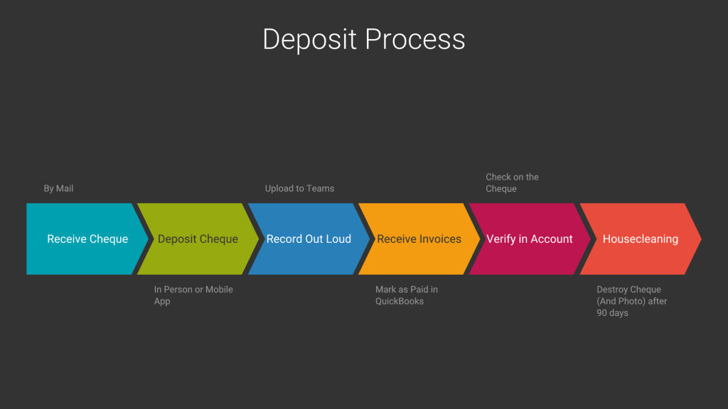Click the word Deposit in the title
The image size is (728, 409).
(310, 39)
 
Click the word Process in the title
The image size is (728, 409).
(415, 39)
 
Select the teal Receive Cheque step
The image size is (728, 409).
(87, 239)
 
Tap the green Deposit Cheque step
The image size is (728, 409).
(198, 239)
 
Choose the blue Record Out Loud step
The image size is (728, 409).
(309, 239)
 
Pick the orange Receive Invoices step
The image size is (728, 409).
(419, 239)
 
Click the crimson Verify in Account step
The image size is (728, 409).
(530, 239)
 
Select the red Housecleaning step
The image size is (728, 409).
(640, 239)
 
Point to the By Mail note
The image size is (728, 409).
(58, 188)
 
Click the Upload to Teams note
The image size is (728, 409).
(299, 188)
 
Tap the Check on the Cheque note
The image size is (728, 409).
(512, 182)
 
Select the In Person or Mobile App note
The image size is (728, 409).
(193, 295)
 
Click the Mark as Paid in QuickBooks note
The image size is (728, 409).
(407, 295)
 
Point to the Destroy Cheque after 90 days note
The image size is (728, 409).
(632, 301)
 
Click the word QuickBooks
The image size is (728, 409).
(400, 301)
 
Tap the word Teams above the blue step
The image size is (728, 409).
(321, 188)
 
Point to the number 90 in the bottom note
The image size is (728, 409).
(602, 313)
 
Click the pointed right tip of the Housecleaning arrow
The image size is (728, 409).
(700, 239)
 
